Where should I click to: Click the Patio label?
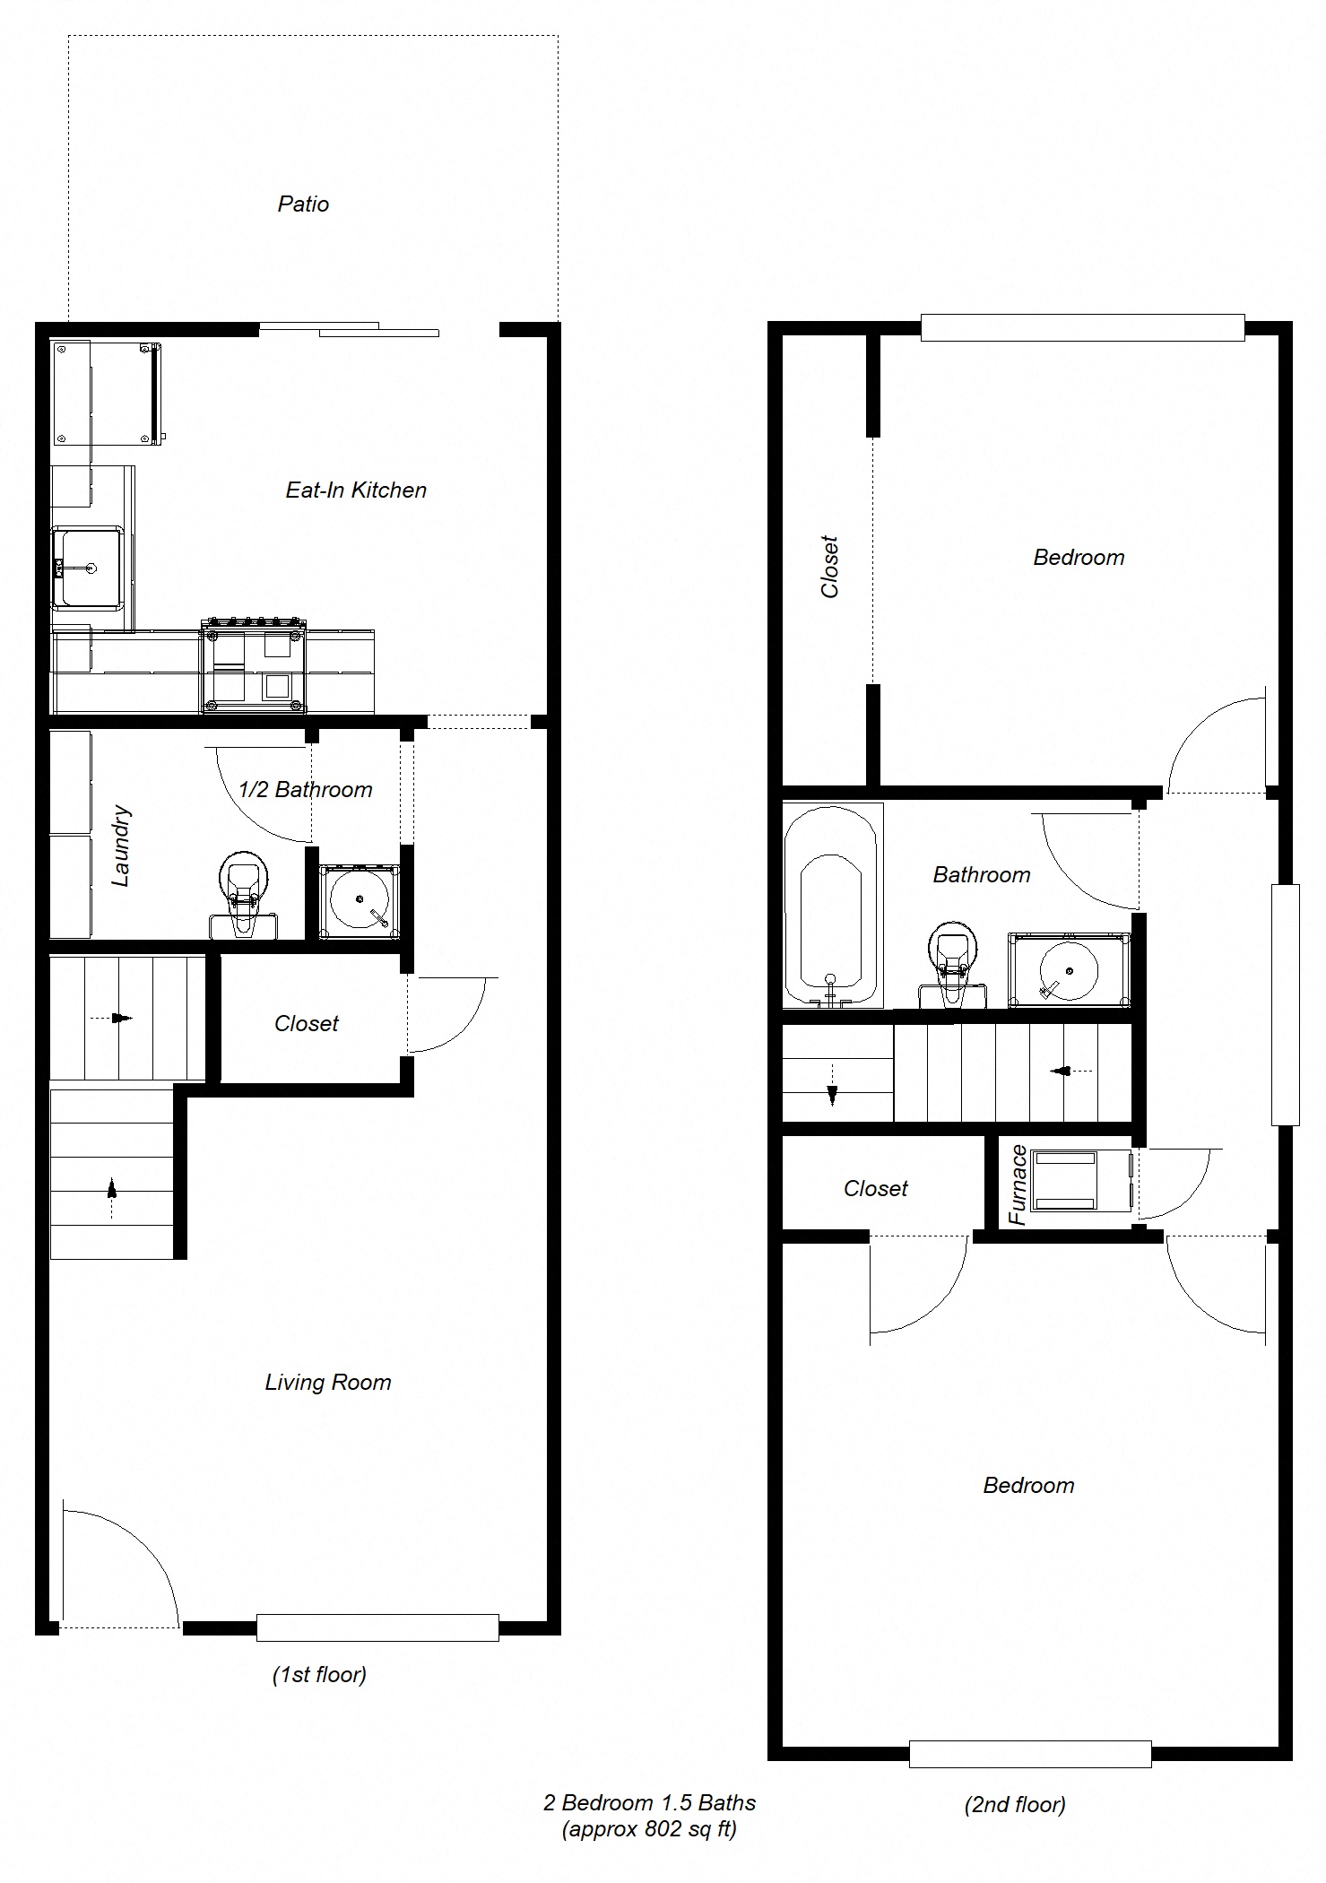pyautogui.click(x=303, y=204)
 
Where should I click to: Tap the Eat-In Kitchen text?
pyautogui.click(x=356, y=490)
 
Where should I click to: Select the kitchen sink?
pyautogui.click(x=88, y=567)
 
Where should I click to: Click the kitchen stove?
pyautogui.click(x=254, y=665)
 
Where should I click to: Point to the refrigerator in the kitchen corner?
pyautogui.click(x=106, y=393)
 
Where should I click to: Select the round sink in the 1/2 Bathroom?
pyautogui.click(x=360, y=900)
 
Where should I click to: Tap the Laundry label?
pyautogui.click(x=121, y=846)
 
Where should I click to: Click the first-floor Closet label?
pyautogui.click(x=307, y=1023)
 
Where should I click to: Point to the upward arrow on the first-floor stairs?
pyautogui.click(x=111, y=1190)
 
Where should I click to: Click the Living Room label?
pyautogui.click(x=328, y=1382)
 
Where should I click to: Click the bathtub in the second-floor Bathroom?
pyautogui.click(x=831, y=906)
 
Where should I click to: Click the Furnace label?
pyautogui.click(x=1018, y=1184)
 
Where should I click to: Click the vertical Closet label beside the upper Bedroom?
pyautogui.click(x=829, y=567)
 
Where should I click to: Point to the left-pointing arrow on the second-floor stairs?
pyautogui.click(x=1063, y=1070)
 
